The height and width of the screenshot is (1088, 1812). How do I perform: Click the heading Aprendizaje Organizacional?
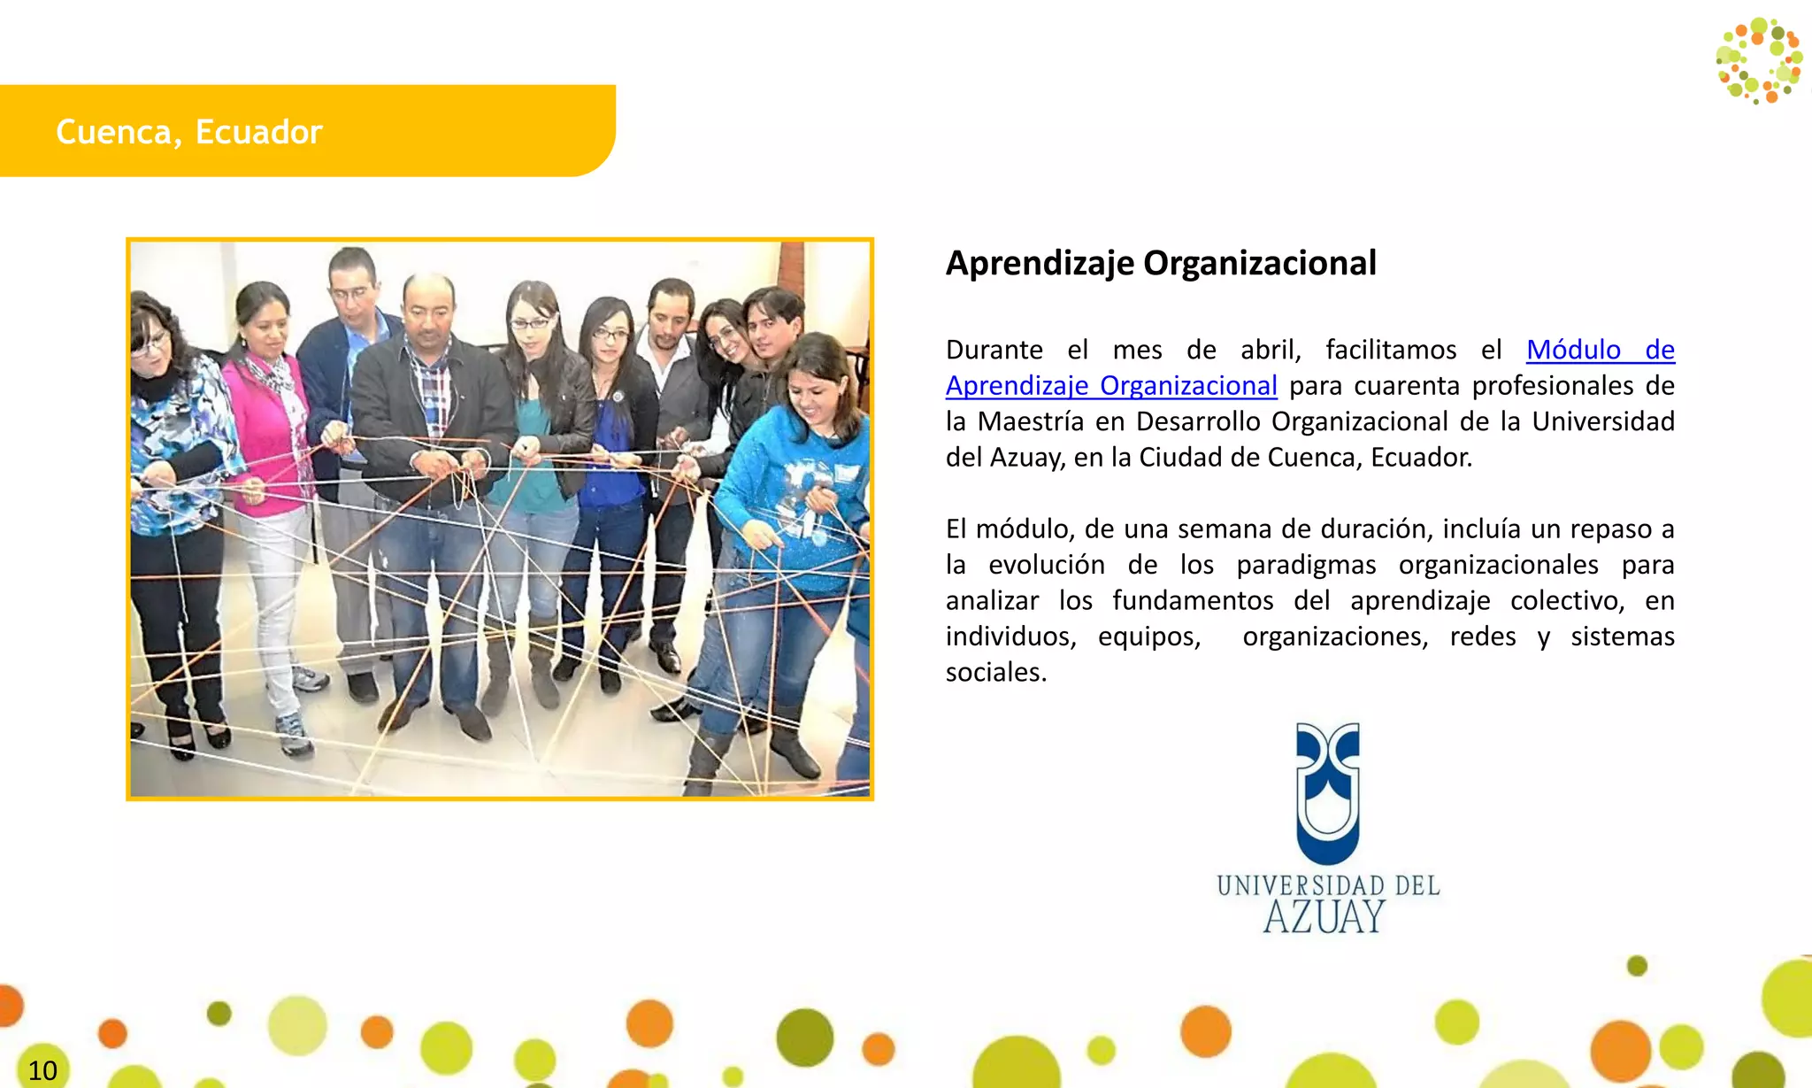[x=1160, y=263]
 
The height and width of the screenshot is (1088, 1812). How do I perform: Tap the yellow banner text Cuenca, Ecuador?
[x=188, y=132]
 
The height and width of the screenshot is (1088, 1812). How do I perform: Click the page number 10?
[x=42, y=1070]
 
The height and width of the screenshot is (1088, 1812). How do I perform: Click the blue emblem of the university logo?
[x=1327, y=792]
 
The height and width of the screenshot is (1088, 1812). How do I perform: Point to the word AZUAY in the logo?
[x=1324, y=917]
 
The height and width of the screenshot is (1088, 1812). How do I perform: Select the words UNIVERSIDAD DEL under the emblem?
[x=1327, y=885]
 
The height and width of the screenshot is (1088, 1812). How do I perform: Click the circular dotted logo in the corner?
[x=1759, y=60]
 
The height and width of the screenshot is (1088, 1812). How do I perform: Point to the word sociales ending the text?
[x=995, y=672]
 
